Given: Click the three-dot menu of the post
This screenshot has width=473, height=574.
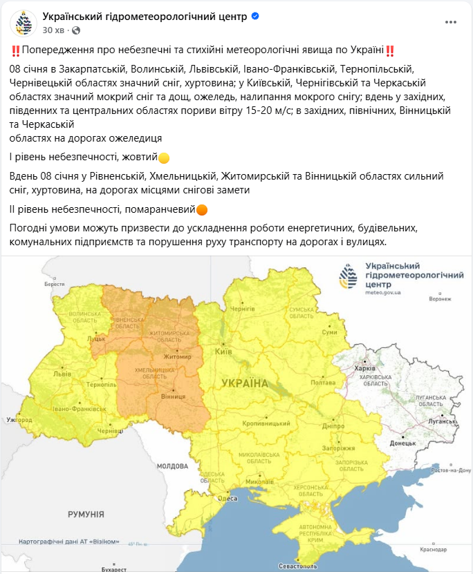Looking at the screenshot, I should click(x=451, y=22).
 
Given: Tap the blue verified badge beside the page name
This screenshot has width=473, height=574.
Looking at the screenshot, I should click(x=255, y=16).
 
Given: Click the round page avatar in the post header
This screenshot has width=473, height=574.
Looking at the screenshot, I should click(x=24, y=23).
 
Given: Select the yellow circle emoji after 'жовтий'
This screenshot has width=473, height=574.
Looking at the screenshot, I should click(x=164, y=158).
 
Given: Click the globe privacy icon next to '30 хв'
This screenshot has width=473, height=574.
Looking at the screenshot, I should click(x=76, y=30).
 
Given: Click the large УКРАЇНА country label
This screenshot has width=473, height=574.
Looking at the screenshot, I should click(x=244, y=382).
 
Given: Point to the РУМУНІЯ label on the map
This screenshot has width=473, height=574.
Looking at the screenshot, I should click(x=86, y=514).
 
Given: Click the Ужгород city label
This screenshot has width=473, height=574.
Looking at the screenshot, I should click(x=19, y=419).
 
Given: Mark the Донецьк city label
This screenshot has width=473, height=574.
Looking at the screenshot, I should click(x=403, y=442).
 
